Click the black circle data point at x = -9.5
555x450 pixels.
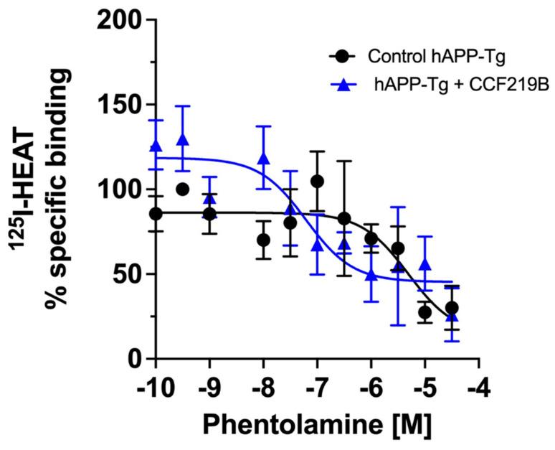pyautogui.click(x=182, y=189)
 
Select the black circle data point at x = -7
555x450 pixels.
pyautogui.click(x=317, y=182)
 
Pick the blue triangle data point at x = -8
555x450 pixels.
pyautogui.click(x=263, y=159)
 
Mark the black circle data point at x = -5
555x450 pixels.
pyautogui.click(x=424, y=312)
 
